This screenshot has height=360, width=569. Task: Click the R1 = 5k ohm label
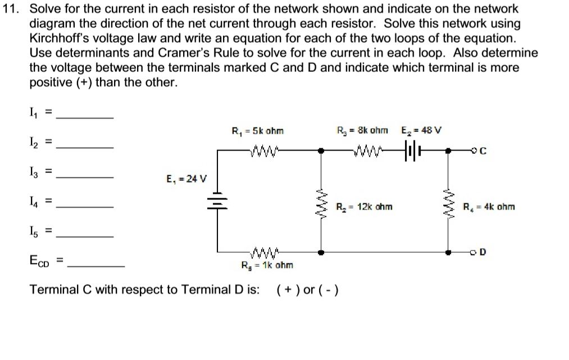(258, 131)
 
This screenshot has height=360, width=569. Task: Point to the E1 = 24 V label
(186, 180)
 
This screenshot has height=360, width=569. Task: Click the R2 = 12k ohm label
(363, 207)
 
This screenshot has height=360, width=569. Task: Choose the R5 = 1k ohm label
(266, 265)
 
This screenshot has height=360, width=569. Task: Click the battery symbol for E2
(411, 151)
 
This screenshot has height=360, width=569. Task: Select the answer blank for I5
(85, 235)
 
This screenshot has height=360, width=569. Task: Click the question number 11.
(14, 9)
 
